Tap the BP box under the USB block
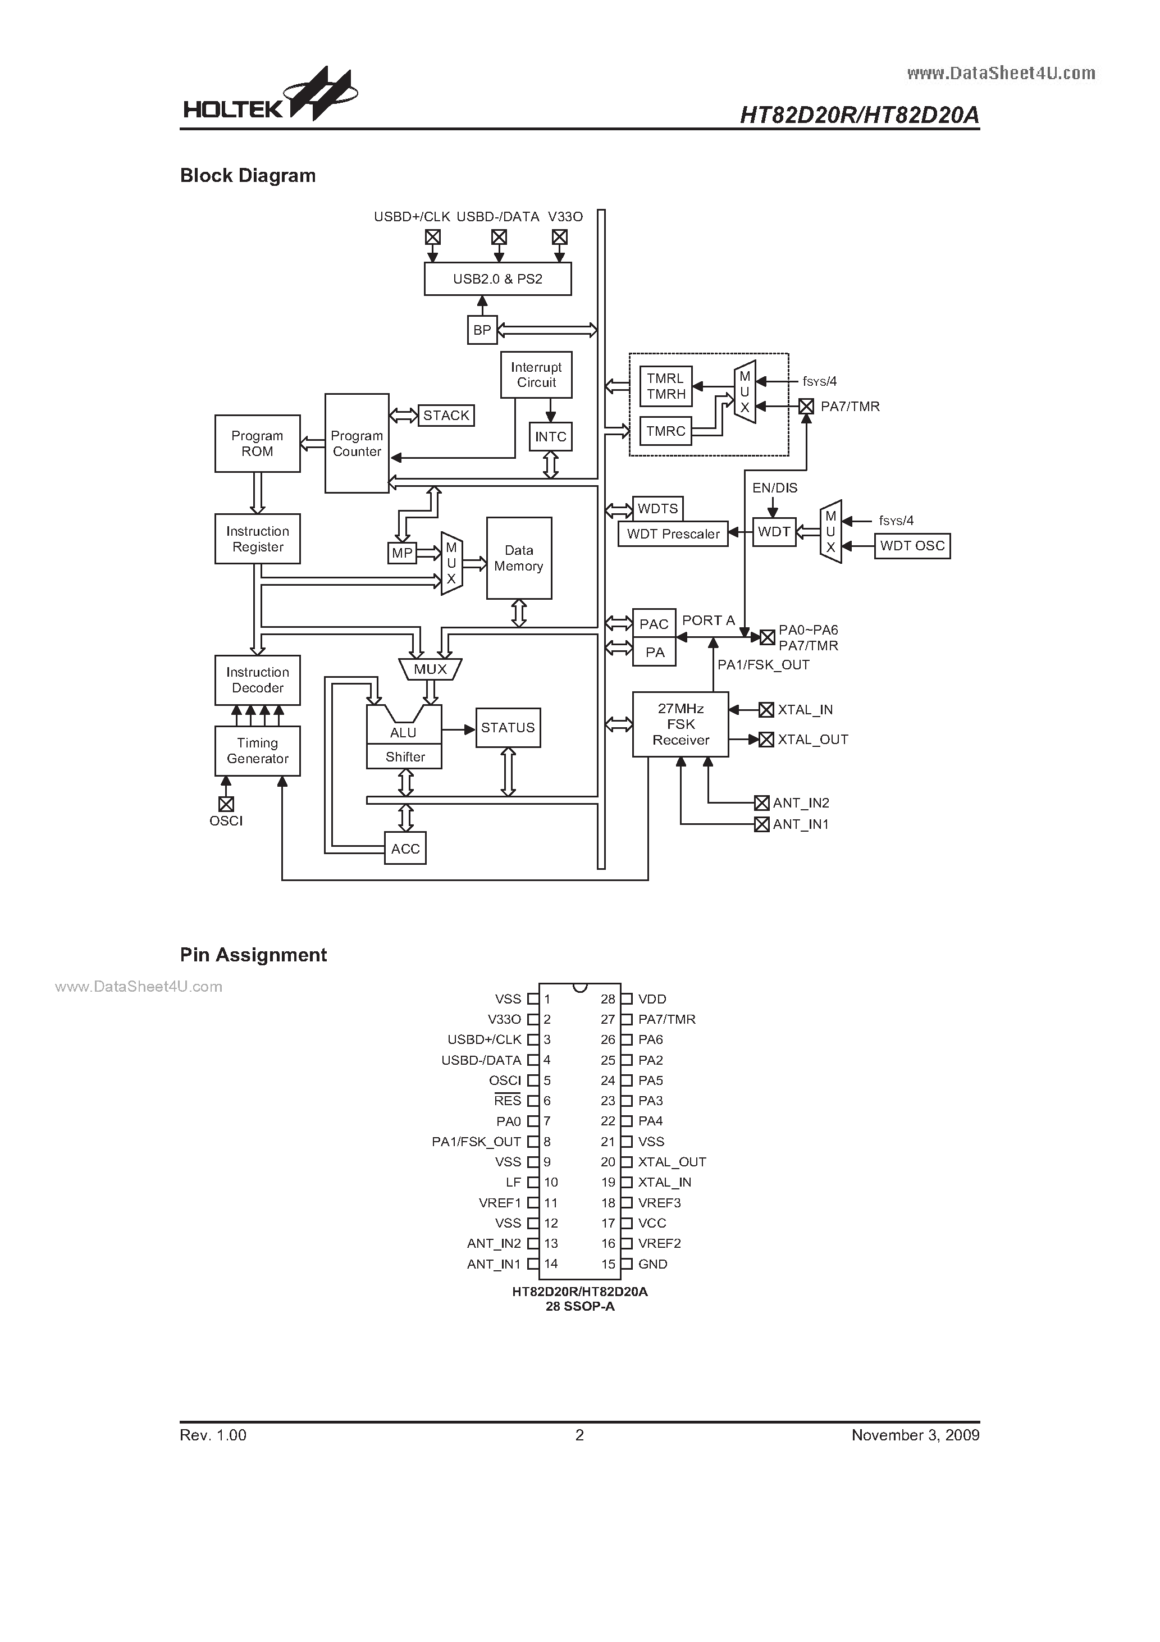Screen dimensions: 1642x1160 pyautogui.click(x=482, y=330)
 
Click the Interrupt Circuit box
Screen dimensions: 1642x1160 pyautogui.click(x=536, y=375)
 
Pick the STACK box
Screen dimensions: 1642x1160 pyautogui.click(x=446, y=416)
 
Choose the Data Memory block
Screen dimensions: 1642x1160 pyautogui.click(x=518, y=558)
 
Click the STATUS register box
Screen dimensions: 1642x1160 pyautogui.click(x=508, y=728)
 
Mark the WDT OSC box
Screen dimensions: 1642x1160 pyautogui.click(x=912, y=546)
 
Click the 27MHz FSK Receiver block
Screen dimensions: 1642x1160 pyautogui.click(x=680, y=724)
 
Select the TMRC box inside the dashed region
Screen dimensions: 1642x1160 pyautogui.click(x=665, y=431)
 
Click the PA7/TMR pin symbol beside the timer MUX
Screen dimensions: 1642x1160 pyautogui.click(x=806, y=406)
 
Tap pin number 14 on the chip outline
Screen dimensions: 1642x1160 pyautogui.click(x=551, y=1264)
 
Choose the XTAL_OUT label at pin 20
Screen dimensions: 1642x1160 pyautogui.click(x=672, y=1162)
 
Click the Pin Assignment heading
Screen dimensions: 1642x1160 pyautogui.click(x=253, y=955)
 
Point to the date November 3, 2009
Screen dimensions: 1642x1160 pyautogui.click(x=915, y=1435)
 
